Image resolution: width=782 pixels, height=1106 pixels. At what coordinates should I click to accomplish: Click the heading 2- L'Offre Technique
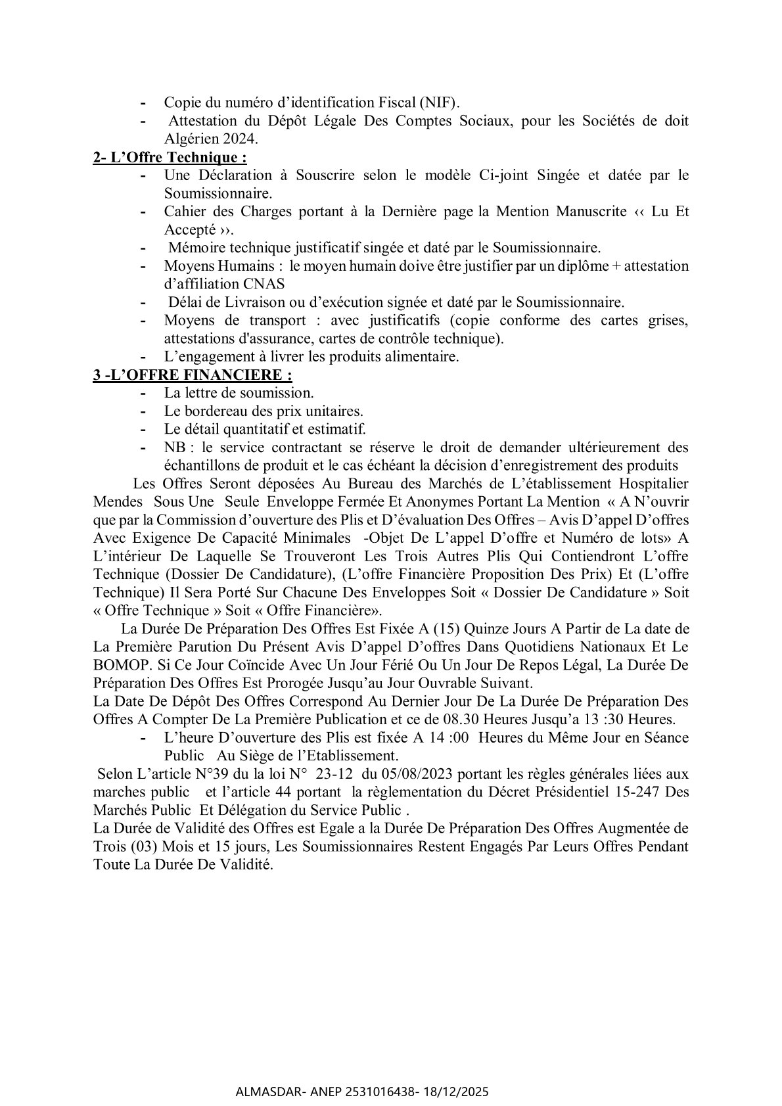(x=170, y=157)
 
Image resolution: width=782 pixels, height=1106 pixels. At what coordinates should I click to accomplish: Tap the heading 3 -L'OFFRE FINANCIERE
(x=192, y=375)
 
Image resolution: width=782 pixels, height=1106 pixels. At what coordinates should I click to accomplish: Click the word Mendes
(x=118, y=501)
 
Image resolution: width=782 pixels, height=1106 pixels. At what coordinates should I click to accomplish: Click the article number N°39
(x=221, y=774)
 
